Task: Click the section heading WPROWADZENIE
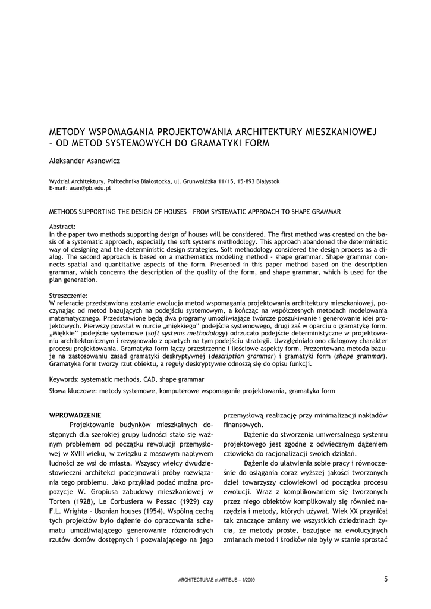(75, 415)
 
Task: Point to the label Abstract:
(62, 227)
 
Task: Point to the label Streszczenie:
(68, 296)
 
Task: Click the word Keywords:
(64, 379)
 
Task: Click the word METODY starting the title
(68, 131)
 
